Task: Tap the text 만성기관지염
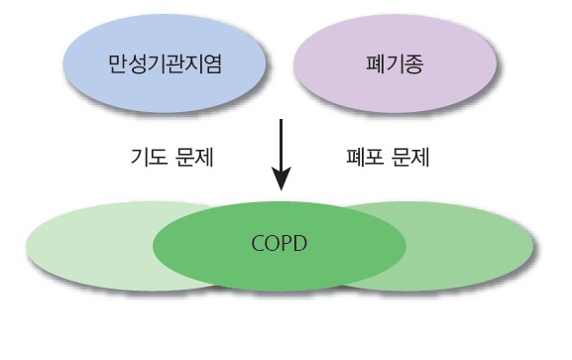point(165,65)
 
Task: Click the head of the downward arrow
point(284,180)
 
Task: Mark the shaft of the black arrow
point(284,144)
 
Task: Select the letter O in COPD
point(273,242)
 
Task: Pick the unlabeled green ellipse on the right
point(466,243)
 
